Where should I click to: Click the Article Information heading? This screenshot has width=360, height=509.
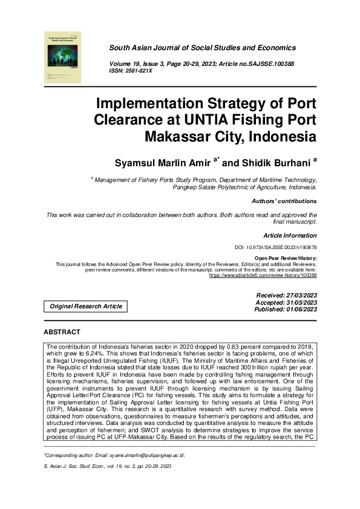pyautogui.click(x=290, y=235)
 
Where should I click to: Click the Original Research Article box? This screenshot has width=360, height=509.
pyautogui.click(x=85, y=306)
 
